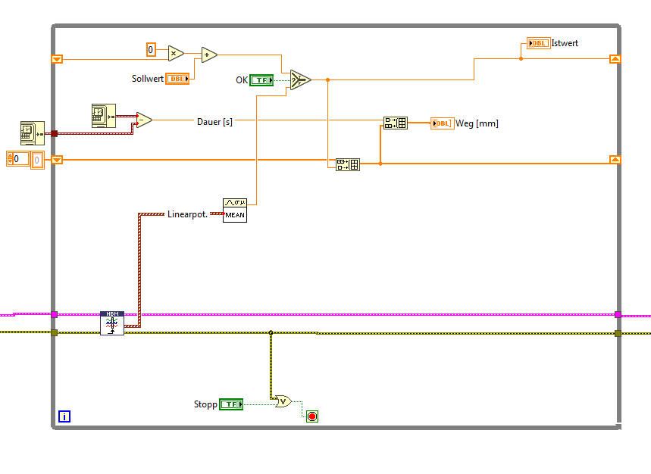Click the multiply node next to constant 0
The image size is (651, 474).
click(176, 52)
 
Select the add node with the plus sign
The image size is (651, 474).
click(208, 55)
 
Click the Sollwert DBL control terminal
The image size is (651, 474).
click(177, 79)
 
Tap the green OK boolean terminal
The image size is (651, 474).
click(261, 80)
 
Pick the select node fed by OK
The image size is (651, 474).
click(300, 80)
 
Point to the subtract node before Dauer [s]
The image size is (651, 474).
click(142, 120)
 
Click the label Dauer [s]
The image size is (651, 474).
click(214, 121)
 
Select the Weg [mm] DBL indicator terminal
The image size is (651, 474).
click(442, 123)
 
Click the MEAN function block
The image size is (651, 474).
click(235, 210)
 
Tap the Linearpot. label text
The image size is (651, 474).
click(187, 214)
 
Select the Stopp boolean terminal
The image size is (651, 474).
click(231, 404)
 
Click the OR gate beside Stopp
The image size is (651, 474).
click(283, 401)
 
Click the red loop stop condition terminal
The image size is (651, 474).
click(312, 416)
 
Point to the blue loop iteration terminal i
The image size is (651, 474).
click(64, 416)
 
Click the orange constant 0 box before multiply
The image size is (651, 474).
click(151, 50)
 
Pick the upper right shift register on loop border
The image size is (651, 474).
click(615, 58)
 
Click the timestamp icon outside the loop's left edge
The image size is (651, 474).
click(32, 133)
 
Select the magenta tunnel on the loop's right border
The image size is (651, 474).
click(618, 313)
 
